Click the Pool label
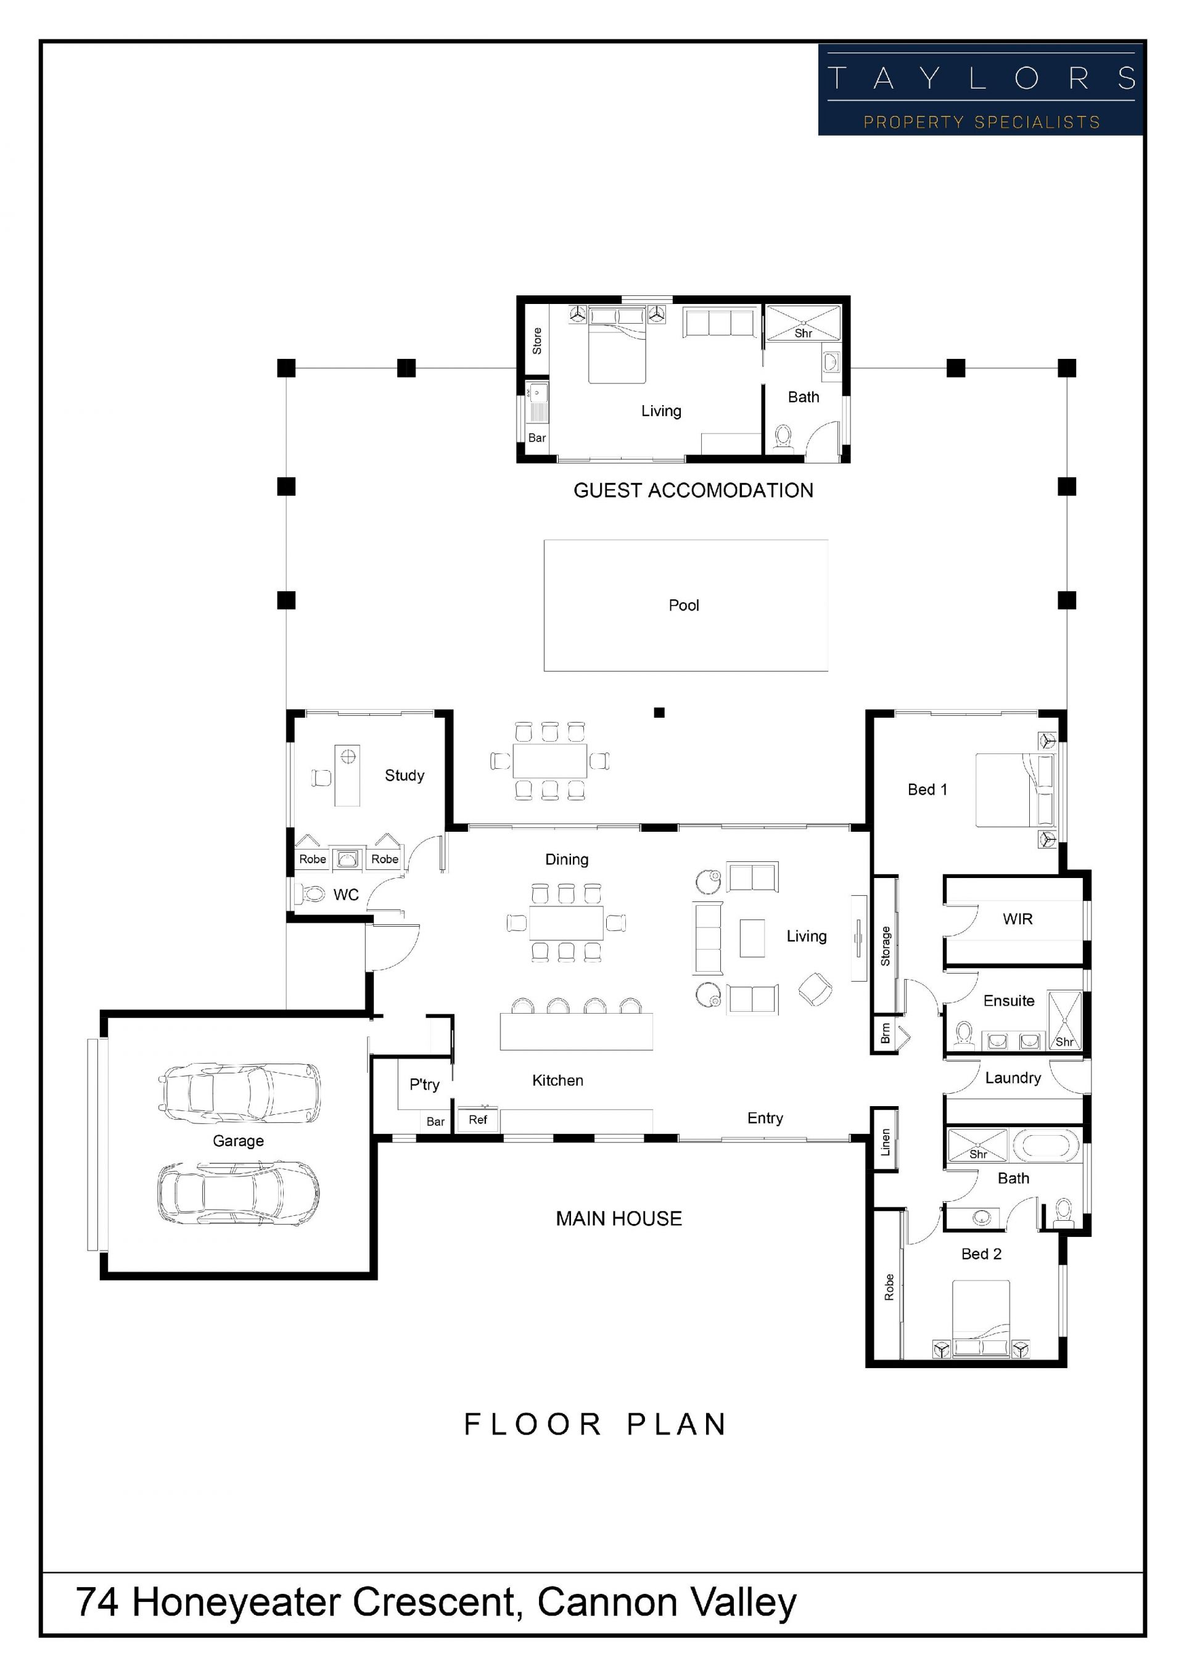683,605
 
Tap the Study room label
405,776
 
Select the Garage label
239,1141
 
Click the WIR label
1017,919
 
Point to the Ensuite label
1008,1001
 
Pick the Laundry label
1013,1078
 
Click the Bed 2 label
981,1254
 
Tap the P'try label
424,1085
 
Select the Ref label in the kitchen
477,1120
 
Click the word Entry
765,1118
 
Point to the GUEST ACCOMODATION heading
693,491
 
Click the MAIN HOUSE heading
619,1219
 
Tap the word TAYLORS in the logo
981,78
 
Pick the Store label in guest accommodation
537,341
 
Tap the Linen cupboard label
885,1143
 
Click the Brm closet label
885,1033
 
